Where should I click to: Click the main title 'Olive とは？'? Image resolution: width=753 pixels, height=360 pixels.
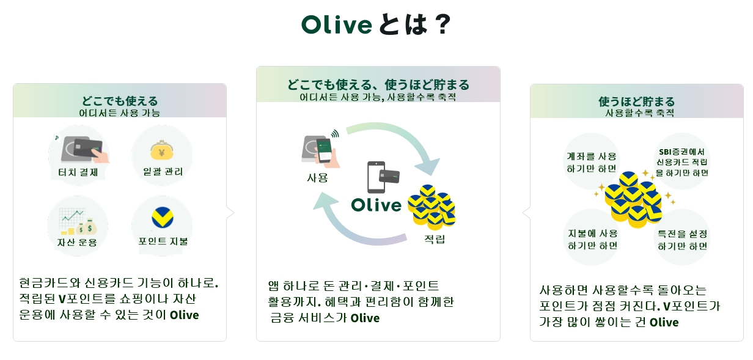376,24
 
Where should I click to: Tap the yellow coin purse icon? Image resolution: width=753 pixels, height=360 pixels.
162,150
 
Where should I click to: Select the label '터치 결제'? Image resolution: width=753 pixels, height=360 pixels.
78,172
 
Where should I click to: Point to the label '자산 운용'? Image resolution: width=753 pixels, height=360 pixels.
77,242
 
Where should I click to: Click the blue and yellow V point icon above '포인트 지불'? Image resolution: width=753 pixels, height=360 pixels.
163,218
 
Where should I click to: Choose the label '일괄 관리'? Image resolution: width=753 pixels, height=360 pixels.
163,172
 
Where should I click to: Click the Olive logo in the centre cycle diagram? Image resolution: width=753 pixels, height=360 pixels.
376,205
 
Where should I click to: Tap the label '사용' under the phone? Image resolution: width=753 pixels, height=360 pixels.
317,177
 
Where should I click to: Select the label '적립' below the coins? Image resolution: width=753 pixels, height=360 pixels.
435,239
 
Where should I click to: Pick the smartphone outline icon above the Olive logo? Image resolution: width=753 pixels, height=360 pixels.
376,177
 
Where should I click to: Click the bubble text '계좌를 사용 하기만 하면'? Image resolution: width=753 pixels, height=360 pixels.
591,163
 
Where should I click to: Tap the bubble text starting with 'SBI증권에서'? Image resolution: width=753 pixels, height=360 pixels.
681,163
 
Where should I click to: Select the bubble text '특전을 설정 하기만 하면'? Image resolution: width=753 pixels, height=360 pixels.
682,240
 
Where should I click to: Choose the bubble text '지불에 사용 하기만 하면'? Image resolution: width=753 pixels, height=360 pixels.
593,240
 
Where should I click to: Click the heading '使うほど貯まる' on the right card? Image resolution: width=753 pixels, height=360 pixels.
636,101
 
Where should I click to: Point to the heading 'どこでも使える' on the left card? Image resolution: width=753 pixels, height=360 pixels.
120,101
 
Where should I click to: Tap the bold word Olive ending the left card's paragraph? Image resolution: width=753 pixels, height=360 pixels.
184,315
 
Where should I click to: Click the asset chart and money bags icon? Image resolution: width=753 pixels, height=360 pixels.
78,221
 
